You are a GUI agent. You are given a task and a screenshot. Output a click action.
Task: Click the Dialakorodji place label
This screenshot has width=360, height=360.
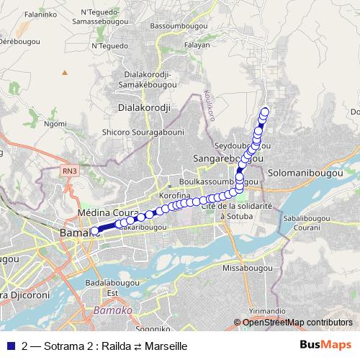(x=143, y=109)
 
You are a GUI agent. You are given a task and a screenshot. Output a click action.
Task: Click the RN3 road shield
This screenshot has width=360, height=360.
(x=68, y=171)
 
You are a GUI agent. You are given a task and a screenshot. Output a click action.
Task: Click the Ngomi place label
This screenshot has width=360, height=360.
(x=55, y=123)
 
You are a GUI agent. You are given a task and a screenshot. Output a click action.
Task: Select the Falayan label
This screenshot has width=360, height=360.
(x=197, y=45)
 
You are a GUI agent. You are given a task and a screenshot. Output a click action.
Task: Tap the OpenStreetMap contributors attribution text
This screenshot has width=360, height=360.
(x=297, y=323)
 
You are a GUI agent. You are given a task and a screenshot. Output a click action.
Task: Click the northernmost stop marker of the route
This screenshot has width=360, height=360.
(x=264, y=111)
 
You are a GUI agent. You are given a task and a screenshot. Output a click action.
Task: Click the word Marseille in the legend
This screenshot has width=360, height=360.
(x=166, y=346)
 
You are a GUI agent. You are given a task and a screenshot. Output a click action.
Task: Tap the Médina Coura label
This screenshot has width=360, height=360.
(x=107, y=214)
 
